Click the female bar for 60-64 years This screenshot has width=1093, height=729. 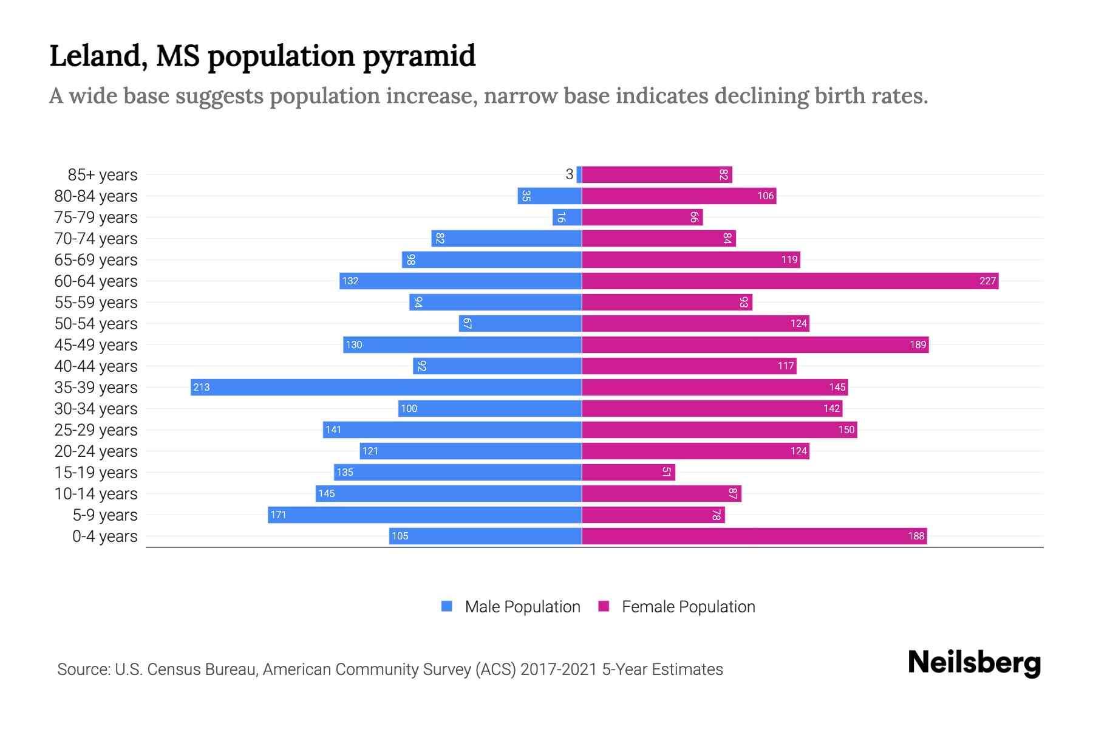789,281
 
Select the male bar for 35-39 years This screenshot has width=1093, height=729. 386,387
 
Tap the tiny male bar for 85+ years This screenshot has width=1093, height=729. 579,174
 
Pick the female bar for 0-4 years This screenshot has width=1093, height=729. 754,536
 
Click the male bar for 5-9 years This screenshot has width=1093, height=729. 425,515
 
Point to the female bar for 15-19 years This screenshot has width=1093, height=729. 628,472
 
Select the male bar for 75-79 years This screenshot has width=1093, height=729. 567,217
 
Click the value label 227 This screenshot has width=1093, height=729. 987,281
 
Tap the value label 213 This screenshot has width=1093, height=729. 202,387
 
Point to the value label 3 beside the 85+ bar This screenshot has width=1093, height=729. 569,174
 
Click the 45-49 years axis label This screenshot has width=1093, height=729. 96,344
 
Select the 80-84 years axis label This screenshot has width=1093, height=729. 96,196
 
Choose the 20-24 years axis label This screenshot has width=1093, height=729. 96,451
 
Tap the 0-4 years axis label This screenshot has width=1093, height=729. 104,536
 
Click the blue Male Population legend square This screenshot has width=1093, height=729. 447,606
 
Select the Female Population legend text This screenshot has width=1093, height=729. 688,606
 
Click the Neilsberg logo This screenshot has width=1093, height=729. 974,663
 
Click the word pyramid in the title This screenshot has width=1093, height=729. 419,56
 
